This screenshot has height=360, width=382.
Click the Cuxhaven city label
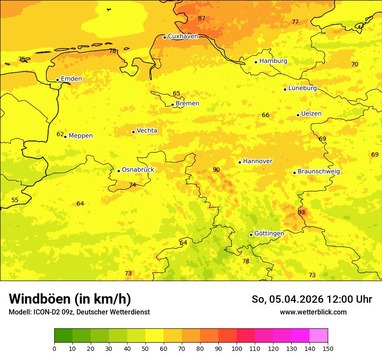(183, 36)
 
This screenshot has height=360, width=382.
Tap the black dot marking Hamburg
(256, 62)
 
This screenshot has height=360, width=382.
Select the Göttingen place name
(269, 233)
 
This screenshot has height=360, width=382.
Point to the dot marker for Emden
(57, 80)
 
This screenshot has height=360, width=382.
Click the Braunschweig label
(319, 171)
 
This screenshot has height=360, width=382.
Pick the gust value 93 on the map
(301, 212)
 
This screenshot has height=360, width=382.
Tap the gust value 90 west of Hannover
(216, 170)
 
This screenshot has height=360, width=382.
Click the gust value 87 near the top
(201, 18)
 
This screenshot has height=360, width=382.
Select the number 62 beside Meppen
(60, 134)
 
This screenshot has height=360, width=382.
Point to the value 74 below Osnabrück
(132, 185)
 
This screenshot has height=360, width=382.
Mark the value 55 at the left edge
(15, 200)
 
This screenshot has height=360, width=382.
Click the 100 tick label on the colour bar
(237, 348)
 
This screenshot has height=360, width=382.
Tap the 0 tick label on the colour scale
(54, 348)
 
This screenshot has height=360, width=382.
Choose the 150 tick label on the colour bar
(328, 348)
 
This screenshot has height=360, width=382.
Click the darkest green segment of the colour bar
(63, 336)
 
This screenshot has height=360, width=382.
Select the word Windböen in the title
(40, 299)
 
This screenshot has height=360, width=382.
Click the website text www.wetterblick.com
(313, 312)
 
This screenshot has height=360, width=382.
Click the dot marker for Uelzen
(298, 115)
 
